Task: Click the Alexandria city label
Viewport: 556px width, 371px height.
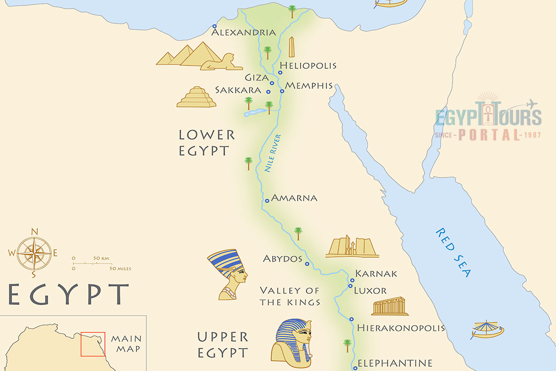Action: [244, 32]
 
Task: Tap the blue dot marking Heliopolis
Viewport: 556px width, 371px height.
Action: [280, 73]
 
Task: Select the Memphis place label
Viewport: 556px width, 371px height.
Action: [309, 86]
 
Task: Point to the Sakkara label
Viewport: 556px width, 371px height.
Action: [238, 90]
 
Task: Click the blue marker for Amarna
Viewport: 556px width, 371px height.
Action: [267, 201]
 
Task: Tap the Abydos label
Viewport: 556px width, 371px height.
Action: [283, 259]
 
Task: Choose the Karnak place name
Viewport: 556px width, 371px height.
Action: [376, 274]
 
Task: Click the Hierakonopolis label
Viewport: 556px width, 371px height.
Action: [401, 328]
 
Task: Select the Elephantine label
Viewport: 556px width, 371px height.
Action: [395, 363]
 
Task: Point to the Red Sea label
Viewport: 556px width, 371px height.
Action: [453, 253]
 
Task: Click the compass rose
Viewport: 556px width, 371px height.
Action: [34, 253]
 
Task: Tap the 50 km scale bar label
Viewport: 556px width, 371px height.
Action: [101, 258]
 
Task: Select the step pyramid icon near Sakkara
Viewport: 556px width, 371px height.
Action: [196, 97]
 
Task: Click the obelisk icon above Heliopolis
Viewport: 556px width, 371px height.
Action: [291, 47]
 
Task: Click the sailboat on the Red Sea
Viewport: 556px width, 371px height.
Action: [487, 329]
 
